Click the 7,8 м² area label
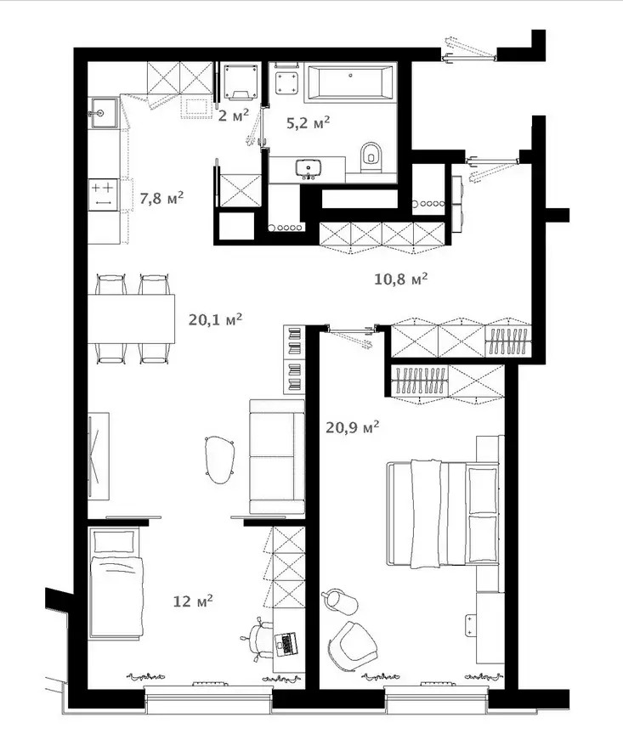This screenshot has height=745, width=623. point(161,198)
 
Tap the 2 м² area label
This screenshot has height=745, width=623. point(234,116)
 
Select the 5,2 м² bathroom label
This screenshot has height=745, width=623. point(308,123)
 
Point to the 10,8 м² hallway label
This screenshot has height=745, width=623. point(400,279)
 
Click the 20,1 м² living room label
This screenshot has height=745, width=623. point(215,319)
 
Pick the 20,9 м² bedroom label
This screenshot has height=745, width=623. point(352,427)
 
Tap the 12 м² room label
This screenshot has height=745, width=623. point(192,601)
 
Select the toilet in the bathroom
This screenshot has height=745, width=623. point(371,157)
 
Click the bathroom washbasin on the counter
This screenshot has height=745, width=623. point(309,169)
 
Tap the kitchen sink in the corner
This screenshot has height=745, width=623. point(104,113)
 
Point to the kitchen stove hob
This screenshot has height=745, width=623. point(103,195)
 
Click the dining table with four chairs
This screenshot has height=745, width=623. point(131,319)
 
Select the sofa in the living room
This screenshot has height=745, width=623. point(277,456)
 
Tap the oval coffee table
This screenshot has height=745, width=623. point(220,460)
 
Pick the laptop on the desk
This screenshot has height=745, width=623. point(286,644)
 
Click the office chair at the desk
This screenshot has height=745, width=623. point(259,639)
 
